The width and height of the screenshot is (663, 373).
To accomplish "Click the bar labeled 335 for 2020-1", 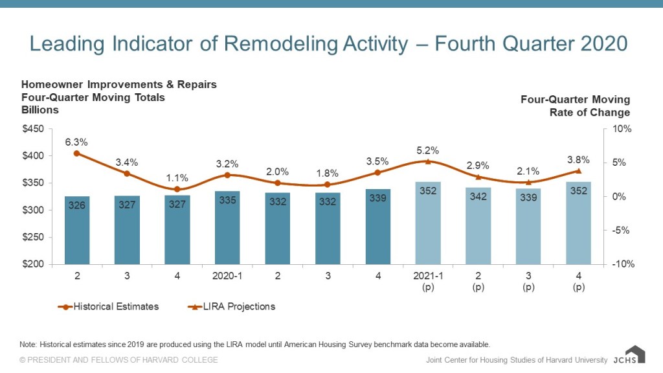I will pos(227,227).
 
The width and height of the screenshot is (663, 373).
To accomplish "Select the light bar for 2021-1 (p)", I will pos(428,223).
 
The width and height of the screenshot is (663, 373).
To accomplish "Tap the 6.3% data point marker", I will pos(77,153).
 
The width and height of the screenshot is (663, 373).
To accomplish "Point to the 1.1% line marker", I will pos(177,189).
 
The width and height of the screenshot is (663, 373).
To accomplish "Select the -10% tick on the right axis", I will pos(622,264).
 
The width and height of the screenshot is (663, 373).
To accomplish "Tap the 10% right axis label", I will pos(622,129).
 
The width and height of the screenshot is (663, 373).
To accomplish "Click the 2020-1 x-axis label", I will pos(227,275).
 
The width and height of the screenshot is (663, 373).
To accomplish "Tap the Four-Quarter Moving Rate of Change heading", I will pos(575,106).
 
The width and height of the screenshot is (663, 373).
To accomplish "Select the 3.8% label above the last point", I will pos(578,159).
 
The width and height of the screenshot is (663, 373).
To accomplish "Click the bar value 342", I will pos(478,197).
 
